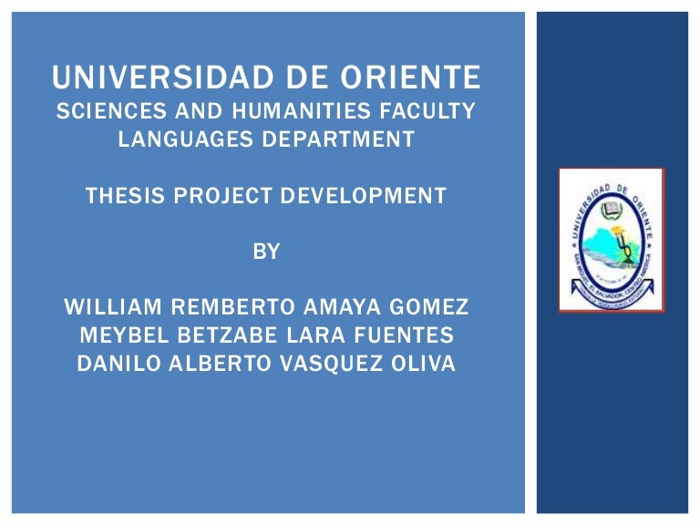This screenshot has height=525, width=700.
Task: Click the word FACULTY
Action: click(x=433, y=113)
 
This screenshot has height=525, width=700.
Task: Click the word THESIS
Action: click(x=123, y=195)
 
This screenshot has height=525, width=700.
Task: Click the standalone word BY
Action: click(x=266, y=253)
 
